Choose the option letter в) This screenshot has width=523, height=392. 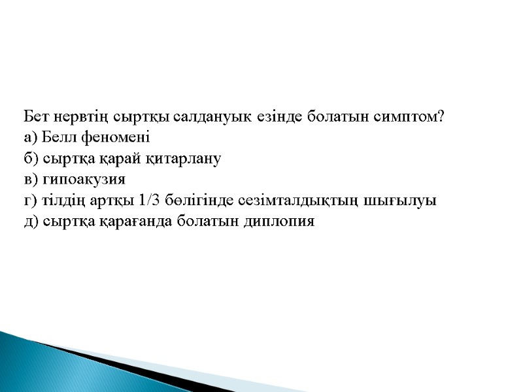(x=30, y=179)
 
